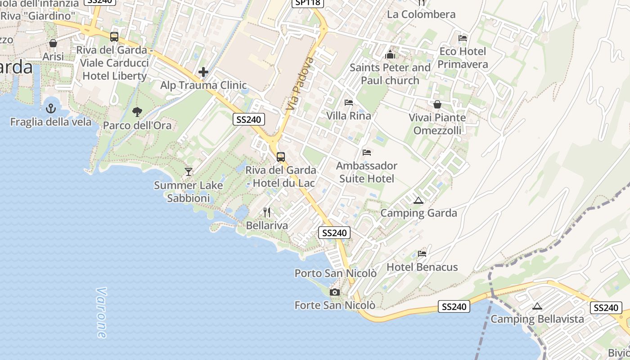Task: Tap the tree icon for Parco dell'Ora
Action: pos(137,112)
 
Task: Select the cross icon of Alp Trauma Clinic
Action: pos(203,72)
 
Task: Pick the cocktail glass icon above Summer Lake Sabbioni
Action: pos(189,172)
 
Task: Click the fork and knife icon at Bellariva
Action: pos(267,212)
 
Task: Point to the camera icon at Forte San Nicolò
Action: pos(334,292)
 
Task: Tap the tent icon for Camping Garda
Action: pos(418,200)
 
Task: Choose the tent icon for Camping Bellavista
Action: pos(537,306)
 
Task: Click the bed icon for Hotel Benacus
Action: pos(422,254)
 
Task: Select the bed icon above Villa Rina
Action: pos(349,103)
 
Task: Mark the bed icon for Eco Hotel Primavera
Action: pos(463,38)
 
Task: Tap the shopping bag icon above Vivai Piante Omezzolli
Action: pos(437,105)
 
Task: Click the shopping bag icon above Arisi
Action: pos(53,44)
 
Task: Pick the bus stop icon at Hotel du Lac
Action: pos(281,157)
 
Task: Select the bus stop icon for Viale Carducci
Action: pos(114,37)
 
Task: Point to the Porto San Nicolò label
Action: pos(335,273)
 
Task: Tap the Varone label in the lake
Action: pos(102,313)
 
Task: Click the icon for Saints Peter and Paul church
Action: pos(390,55)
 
